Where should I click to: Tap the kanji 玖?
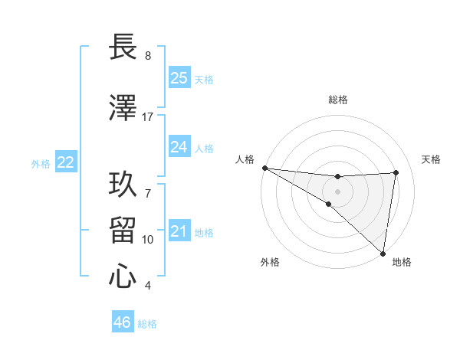(123, 185)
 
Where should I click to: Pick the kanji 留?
(123, 231)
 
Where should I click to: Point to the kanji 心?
(123, 277)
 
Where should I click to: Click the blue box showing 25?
(179, 78)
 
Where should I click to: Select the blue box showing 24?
(179, 147)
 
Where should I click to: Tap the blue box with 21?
(179, 231)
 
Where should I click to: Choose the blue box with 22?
(66, 162)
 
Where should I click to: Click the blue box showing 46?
(123, 322)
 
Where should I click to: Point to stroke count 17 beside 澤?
(148, 117)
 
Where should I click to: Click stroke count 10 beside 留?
(148, 240)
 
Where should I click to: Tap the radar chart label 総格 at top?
(338, 100)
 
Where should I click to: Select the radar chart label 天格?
(432, 159)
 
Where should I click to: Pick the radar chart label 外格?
(270, 262)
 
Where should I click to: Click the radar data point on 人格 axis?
(264, 168)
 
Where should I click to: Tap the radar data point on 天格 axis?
(396, 172)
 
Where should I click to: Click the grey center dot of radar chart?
(337, 191)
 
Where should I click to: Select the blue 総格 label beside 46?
(147, 324)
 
